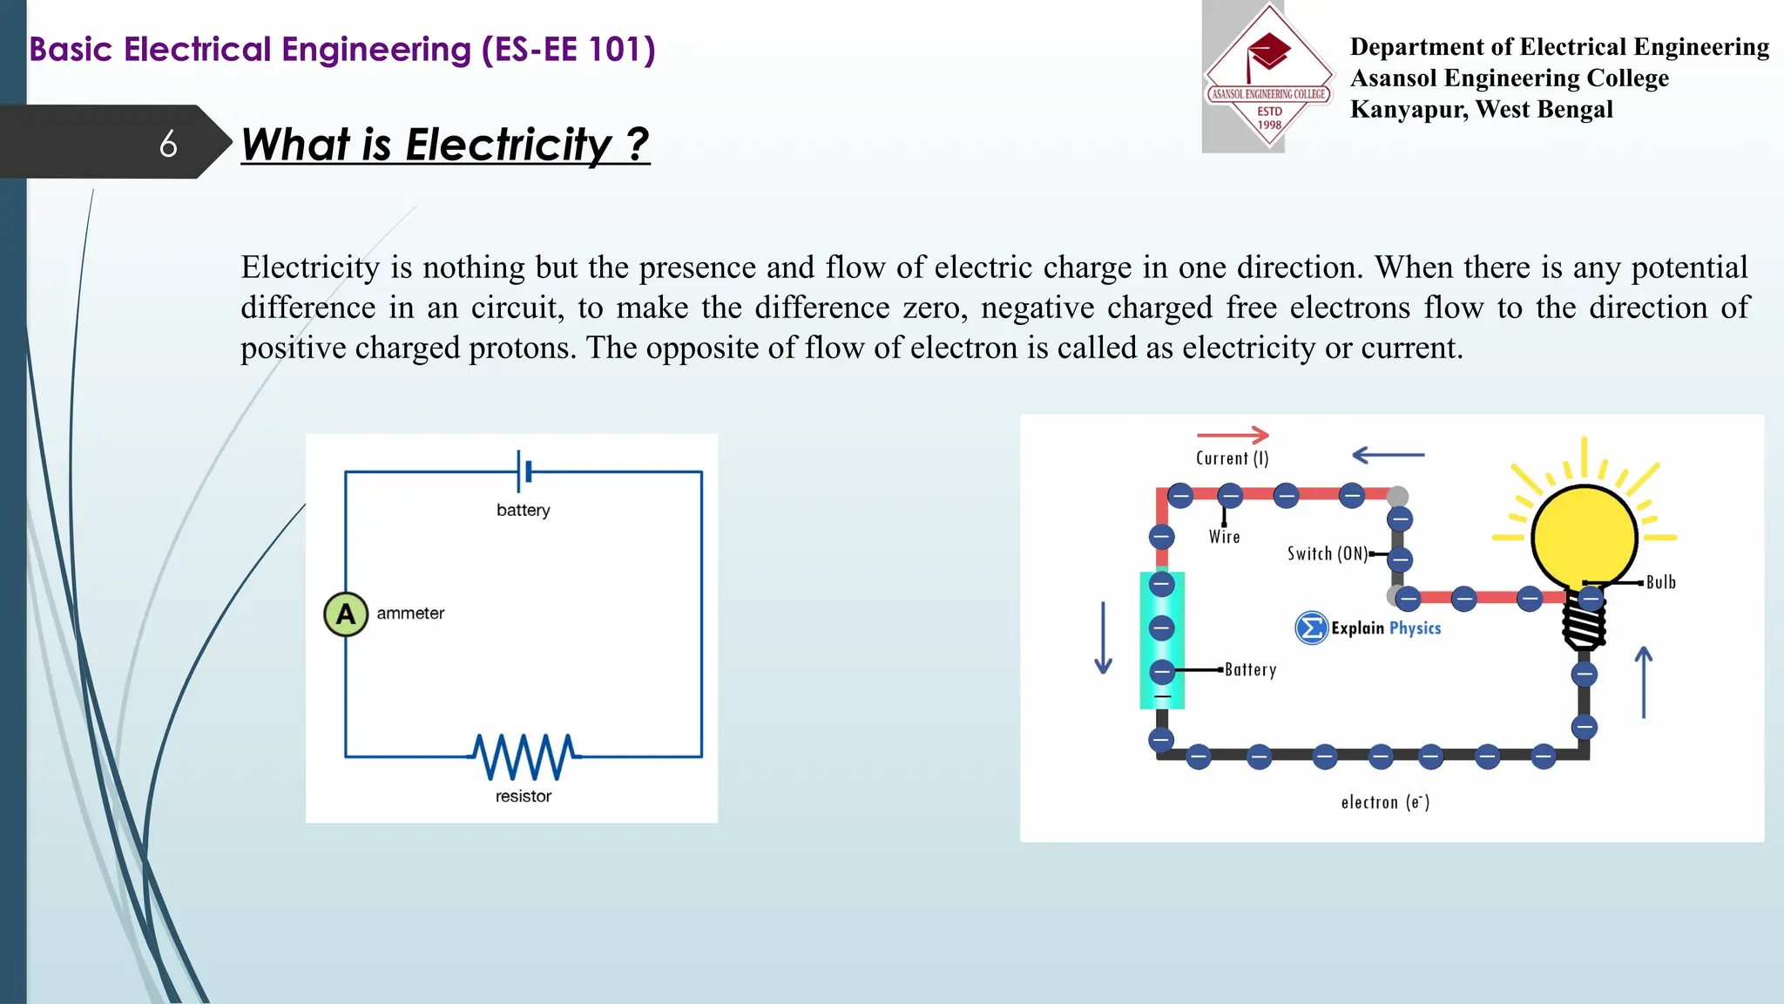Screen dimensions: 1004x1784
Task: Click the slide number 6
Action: pyautogui.click(x=168, y=144)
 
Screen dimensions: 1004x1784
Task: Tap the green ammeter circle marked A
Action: pyautogui.click(x=346, y=614)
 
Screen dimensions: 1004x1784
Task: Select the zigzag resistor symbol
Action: pyautogui.click(x=524, y=756)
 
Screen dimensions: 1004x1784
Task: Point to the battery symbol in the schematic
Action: pyautogui.click(x=524, y=471)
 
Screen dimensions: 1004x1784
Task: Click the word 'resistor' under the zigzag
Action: pyautogui.click(x=523, y=797)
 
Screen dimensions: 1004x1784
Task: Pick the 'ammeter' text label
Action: pyautogui.click(x=410, y=614)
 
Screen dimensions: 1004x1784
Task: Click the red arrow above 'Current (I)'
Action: pyautogui.click(x=1232, y=434)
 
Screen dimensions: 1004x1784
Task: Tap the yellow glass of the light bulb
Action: pyautogui.click(x=1585, y=533)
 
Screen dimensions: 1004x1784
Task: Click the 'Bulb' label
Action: pyautogui.click(x=1660, y=582)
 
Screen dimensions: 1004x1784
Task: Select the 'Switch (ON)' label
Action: pyautogui.click(x=1327, y=554)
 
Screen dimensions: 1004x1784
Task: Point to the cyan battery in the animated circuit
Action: pyautogui.click(x=1162, y=641)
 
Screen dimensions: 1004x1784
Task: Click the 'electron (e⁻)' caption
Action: pyautogui.click(x=1385, y=803)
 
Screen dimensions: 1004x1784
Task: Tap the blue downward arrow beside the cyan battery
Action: pyautogui.click(x=1103, y=638)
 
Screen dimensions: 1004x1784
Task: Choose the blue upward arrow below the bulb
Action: pyautogui.click(x=1644, y=682)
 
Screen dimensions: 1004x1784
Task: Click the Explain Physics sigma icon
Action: pyautogui.click(x=1311, y=627)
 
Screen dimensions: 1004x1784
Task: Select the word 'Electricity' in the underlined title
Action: pyautogui.click(x=509, y=145)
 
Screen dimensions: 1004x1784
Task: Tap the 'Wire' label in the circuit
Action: pyautogui.click(x=1224, y=537)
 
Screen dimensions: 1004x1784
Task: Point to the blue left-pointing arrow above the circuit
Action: pyautogui.click(x=1388, y=454)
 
